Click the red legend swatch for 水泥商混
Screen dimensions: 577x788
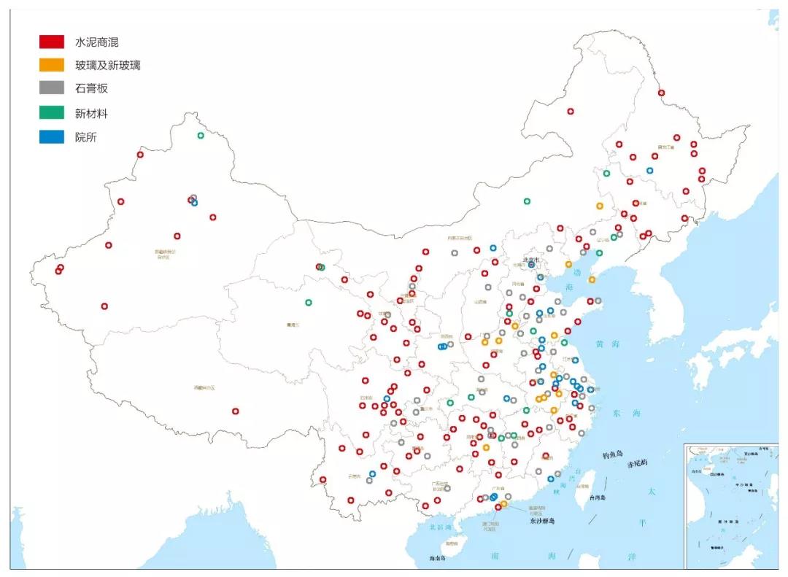52,42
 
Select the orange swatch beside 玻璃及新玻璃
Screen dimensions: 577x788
52,65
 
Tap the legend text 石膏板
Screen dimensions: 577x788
91,88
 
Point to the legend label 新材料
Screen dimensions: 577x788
91,113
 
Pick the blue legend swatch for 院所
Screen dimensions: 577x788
52,136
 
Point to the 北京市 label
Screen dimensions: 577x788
530,259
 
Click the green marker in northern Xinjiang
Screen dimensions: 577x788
201,135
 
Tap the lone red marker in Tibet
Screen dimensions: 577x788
235,411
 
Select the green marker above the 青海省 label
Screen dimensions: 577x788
308,302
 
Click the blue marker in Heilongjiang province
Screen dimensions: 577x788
649,171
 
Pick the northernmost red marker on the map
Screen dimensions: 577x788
661,93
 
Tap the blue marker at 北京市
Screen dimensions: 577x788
532,265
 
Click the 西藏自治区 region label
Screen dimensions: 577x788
204,387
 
